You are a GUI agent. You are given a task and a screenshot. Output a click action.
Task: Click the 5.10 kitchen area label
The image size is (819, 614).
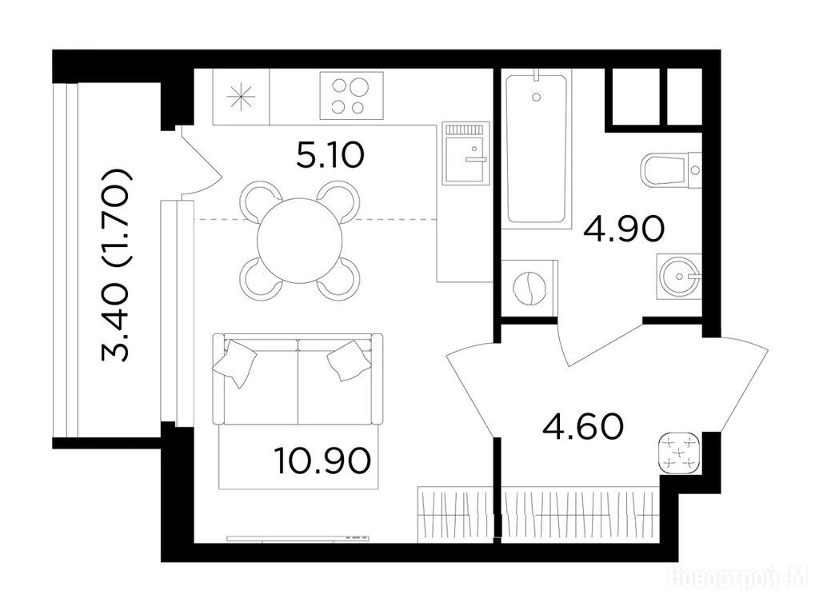(329, 155)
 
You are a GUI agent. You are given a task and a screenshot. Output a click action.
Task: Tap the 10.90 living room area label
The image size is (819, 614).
(322, 461)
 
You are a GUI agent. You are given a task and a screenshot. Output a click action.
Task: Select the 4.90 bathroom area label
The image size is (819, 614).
(624, 229)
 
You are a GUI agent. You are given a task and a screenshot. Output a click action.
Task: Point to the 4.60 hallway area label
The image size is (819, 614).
(583, 426)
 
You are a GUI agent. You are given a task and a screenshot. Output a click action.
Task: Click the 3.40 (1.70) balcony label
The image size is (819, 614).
(115, 265)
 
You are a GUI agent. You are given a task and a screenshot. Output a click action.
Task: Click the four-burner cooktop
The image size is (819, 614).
(351, 96)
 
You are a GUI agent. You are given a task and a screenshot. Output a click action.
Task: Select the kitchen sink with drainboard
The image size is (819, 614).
(466, 153)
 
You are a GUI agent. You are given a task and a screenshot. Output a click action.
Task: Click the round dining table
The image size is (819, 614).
(300, 240)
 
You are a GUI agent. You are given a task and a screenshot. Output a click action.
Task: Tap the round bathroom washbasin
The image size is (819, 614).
(677, 276)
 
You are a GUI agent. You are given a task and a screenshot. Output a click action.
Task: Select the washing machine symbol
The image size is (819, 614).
(529, 288)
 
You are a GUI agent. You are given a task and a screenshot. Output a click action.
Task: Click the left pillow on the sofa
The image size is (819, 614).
(234, 364)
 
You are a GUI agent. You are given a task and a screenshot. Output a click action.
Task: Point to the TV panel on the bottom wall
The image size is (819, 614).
(298, 538)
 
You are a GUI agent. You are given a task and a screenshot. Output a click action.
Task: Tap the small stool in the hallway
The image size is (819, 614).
(680, 453)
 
